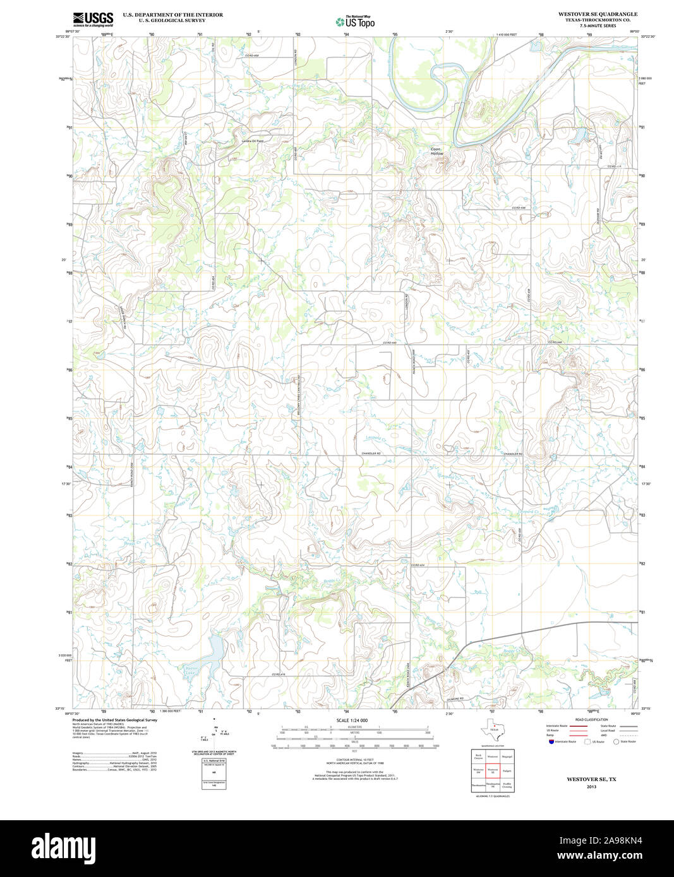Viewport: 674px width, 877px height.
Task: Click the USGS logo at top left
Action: (x=93, y=19)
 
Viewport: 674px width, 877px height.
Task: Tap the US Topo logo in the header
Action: (x=355, y=21)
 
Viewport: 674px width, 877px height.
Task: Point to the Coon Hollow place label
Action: (x=436, y=151)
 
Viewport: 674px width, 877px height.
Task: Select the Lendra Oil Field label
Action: (x=252, y=140)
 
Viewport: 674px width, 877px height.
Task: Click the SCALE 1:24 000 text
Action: (x=352, y=720)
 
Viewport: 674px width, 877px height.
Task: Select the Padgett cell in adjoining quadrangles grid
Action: (x=507, y=770)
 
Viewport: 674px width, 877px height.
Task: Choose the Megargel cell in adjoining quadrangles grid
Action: (x=507, y=755)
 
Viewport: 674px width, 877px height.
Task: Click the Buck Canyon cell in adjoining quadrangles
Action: (x=478, y=755)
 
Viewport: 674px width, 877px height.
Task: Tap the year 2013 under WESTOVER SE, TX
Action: (x=591, y=787)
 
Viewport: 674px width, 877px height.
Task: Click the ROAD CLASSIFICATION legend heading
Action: (x=591, y=720)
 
